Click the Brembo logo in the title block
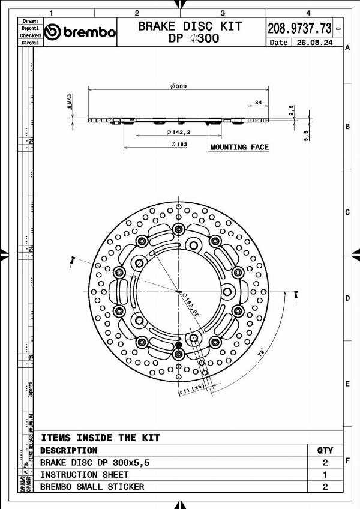(x=80, y=32)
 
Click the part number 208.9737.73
(x=299, y=28)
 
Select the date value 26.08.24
(x=315, y=43)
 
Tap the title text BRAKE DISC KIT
(x=190, y=26)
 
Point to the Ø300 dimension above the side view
(x=178, y=86)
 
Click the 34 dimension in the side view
(x=257, y=103)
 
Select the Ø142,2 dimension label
(x=178, y=132)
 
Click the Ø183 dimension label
(x=178, y=144)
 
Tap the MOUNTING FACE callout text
(x=239, y=147)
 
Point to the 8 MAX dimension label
(x=70, y=100)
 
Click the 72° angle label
(x=262, y=354)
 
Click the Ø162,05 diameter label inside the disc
(x=191, y=305)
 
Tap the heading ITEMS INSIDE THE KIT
(x=100, y=438)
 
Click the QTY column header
(x=325, y=450)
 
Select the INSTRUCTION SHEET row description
(x=84, y=475)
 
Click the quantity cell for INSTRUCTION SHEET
(x=325, y=475)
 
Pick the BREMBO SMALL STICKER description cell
(x=92, y=487)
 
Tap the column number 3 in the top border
(x=223, y=13)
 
